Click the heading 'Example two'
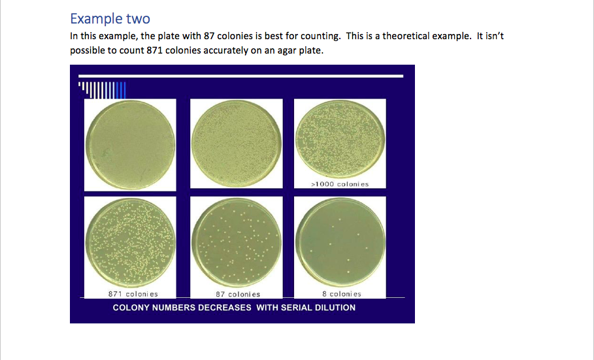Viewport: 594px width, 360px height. pos(110,18)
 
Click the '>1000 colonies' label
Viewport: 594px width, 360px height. pos(340,184)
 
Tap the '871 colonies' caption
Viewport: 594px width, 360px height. pos(133,294)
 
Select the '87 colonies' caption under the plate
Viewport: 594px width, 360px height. pos(238,295)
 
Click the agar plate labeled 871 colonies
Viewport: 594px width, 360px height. pos(130,242)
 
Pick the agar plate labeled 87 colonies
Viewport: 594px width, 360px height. pos(237,242)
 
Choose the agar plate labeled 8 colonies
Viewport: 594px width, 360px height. pos(340,241)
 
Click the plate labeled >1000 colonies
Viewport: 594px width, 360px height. pos(340,139)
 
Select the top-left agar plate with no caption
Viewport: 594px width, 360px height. pos(130,144)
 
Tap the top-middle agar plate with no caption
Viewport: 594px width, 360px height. pos(237,144)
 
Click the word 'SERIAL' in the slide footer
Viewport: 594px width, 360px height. pos(299,308)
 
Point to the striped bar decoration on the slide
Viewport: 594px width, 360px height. pos(102,89)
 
